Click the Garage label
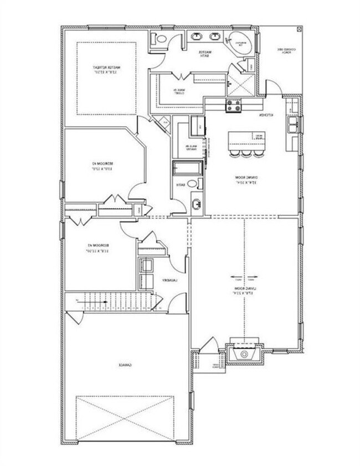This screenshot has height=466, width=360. [x=126, y=365]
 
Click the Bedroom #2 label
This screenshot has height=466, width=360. [x=104, y=166]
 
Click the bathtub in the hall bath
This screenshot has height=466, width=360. [x=187, y=168]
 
